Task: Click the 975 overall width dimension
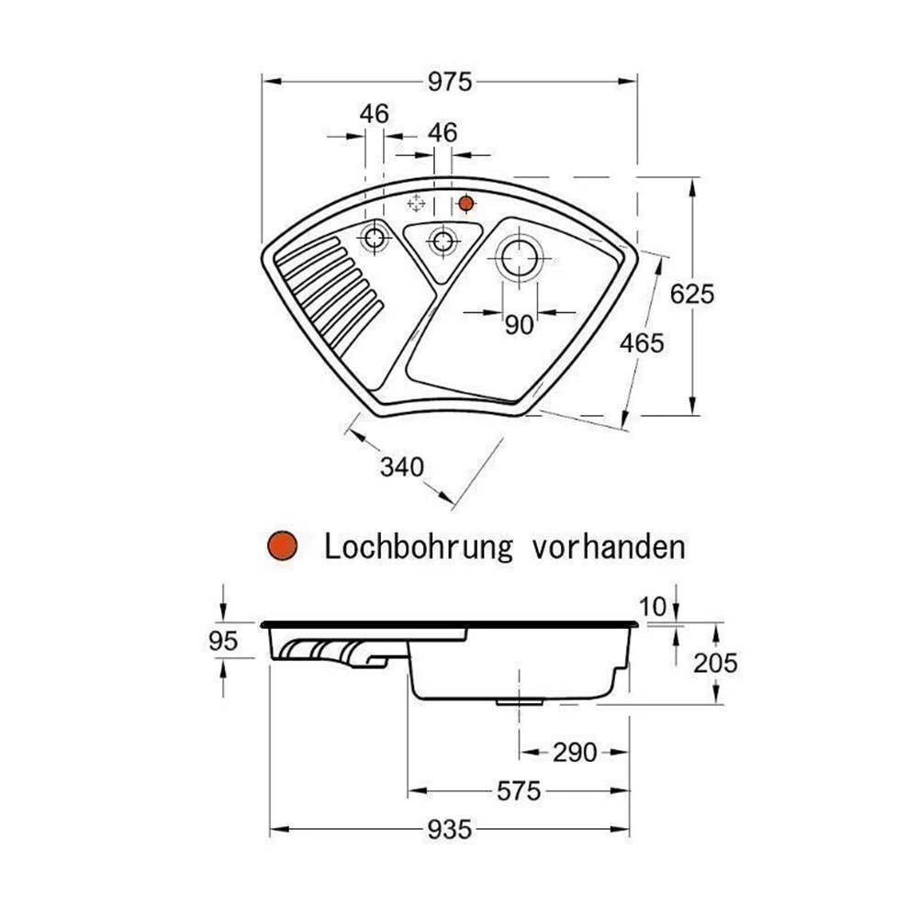[449, 82]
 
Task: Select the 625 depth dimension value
[691, 295]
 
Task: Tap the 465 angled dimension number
[641, 343]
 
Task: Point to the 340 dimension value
[402, 467]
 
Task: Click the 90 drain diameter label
[519, 325]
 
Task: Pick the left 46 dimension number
[375, 114]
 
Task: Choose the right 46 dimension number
[442, 132]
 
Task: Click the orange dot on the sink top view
[466, 202]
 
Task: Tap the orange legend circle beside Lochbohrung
[283, 547]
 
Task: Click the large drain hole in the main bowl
[519, 257]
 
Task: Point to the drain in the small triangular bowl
[442, 241]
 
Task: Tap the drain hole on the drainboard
[375, 239]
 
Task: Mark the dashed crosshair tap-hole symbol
[416, 203]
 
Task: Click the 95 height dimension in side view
[223, 641]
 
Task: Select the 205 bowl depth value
[715, 663]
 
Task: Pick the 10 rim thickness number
[652, 606]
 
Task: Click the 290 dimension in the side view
[575, 753]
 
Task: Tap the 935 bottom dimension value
[449, 830]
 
